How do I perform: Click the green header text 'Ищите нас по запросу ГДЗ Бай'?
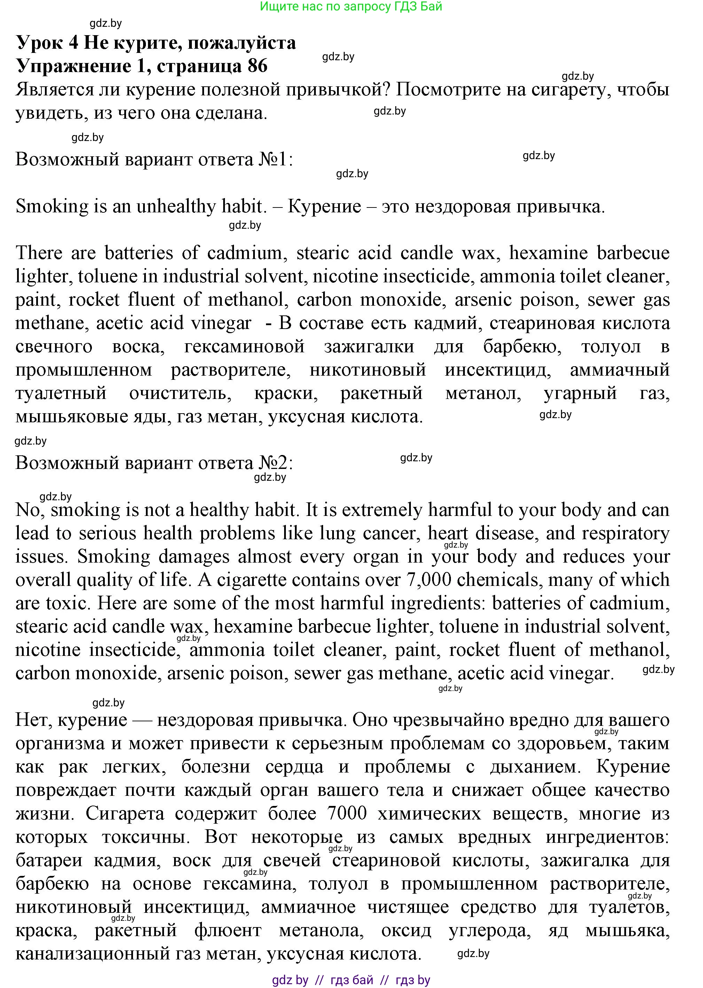pos(351,7)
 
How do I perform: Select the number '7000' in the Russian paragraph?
pos(347,813)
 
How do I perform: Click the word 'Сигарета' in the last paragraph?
pos(125,813)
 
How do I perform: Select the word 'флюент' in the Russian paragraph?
pos(228,930)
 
